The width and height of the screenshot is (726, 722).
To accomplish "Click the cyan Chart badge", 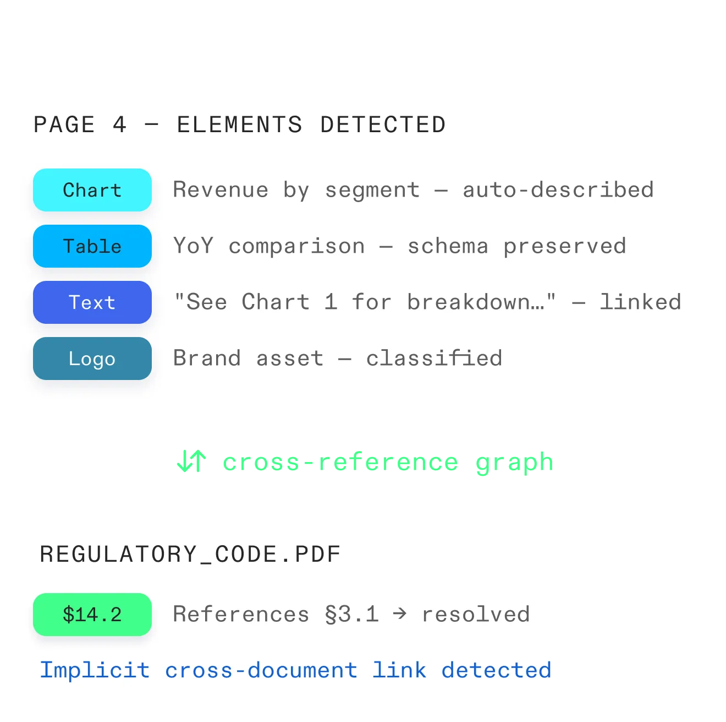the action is (92, 190).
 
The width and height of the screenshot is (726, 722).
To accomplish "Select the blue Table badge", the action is (92, 246).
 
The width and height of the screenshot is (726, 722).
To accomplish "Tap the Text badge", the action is (92, 302).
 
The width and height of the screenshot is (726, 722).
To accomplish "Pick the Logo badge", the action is (92, 359).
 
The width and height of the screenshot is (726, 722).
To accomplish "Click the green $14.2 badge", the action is (92, 615).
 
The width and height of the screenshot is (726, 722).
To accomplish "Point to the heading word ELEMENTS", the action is (239, 125).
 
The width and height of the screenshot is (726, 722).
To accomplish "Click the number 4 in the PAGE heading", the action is (119, 125).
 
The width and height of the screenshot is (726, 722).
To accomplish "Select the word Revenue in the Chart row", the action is (221, 190).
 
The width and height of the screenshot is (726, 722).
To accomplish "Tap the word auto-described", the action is (558, 190).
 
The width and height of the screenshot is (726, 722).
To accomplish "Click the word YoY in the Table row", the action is (193, 246).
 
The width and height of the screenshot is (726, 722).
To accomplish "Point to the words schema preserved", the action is (516, 246).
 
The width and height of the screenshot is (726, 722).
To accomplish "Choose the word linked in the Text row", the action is (640, 302).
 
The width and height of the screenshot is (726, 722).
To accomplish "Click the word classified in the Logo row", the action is (434, 359).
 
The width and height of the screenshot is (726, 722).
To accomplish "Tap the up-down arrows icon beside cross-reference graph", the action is (191, 462).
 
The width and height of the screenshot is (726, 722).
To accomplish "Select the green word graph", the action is (514, 463).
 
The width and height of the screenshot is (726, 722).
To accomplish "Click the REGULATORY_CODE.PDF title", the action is (190, 554).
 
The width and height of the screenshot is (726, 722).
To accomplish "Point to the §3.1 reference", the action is (352, 615).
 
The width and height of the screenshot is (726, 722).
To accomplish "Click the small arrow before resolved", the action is (400, 614).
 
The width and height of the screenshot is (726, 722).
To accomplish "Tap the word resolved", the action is (476, 615).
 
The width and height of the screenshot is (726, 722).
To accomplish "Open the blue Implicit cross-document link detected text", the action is (295, 671).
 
